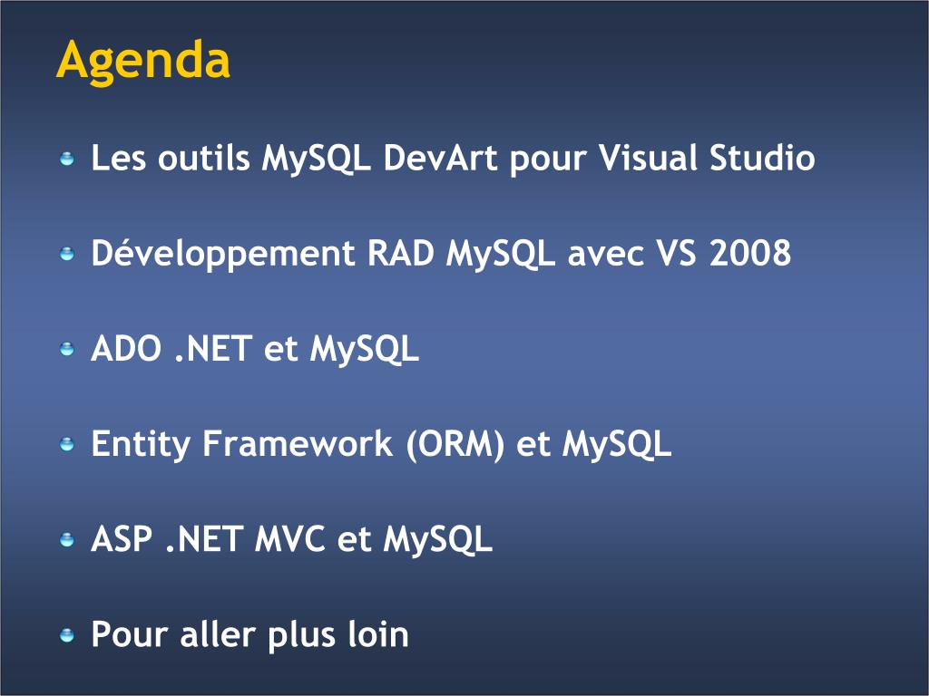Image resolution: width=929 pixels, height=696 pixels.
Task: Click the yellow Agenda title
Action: click(142, 61)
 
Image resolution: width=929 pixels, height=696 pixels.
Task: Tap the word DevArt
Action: click(440, 158)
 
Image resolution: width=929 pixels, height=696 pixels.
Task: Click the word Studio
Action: click(762, 158)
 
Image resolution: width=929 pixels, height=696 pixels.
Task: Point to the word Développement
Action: click(223, 255)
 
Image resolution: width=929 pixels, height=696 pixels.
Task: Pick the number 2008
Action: click(749, 254)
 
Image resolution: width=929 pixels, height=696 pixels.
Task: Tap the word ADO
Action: click(126, 348)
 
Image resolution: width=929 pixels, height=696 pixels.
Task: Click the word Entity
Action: click(140, 445)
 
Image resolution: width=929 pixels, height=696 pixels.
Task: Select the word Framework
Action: click(298, 443)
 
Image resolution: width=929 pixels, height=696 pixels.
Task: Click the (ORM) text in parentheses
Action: click(455, 444)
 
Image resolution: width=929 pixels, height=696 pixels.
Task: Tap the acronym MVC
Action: click(289, 539)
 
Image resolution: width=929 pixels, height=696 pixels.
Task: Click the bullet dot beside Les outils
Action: click(67, 159)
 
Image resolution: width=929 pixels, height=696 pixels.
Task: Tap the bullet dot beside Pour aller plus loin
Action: click(67, 635)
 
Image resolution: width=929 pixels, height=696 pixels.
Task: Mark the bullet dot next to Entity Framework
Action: click(67, 444)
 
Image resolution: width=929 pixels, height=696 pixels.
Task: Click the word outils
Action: click(203, 158)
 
